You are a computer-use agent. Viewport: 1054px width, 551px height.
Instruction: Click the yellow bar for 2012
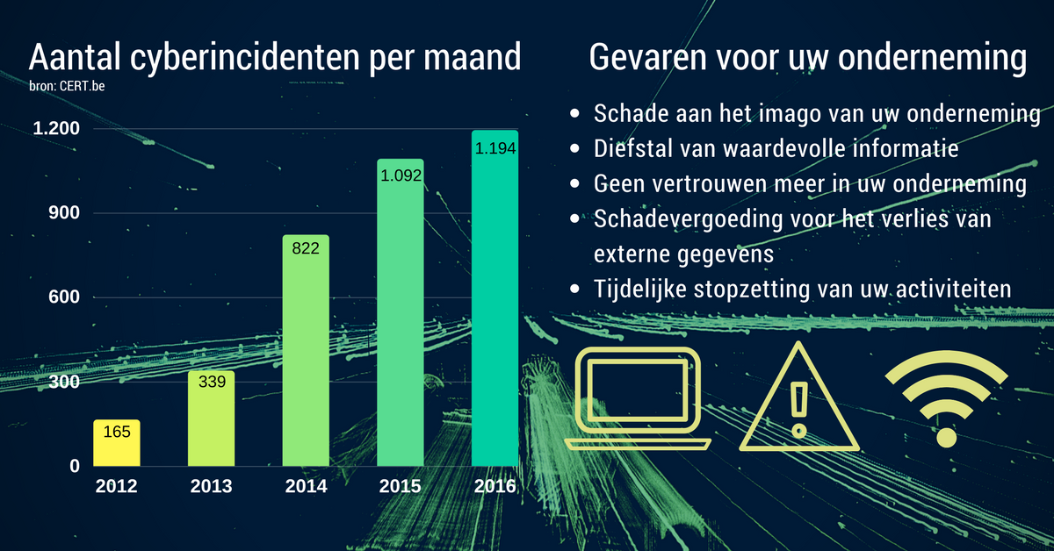[117, 443]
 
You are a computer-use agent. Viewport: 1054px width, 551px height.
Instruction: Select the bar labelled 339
[212, 419]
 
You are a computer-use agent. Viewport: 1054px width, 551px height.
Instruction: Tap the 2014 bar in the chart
[306, 351]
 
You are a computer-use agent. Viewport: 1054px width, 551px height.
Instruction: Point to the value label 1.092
[401, 175]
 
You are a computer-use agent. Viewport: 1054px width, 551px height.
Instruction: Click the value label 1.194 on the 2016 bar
[495, 148]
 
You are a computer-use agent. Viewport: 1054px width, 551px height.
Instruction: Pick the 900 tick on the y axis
[64, 213]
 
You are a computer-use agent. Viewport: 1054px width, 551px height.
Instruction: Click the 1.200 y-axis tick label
[56, 128]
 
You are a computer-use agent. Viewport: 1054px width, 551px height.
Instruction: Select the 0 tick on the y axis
[75, 466]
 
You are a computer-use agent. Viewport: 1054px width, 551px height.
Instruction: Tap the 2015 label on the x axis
[400, 486]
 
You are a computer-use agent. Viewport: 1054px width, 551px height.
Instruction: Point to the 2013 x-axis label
[212, 486]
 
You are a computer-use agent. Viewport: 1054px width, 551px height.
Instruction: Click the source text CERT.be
[82, 86]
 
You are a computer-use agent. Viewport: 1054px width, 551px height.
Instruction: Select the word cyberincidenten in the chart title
[246, 57]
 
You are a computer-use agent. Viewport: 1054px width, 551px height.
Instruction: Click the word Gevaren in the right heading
[648, 57]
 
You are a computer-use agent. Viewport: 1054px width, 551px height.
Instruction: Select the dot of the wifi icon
[947, 438]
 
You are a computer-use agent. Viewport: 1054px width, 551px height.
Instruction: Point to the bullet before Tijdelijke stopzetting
[574, 289]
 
